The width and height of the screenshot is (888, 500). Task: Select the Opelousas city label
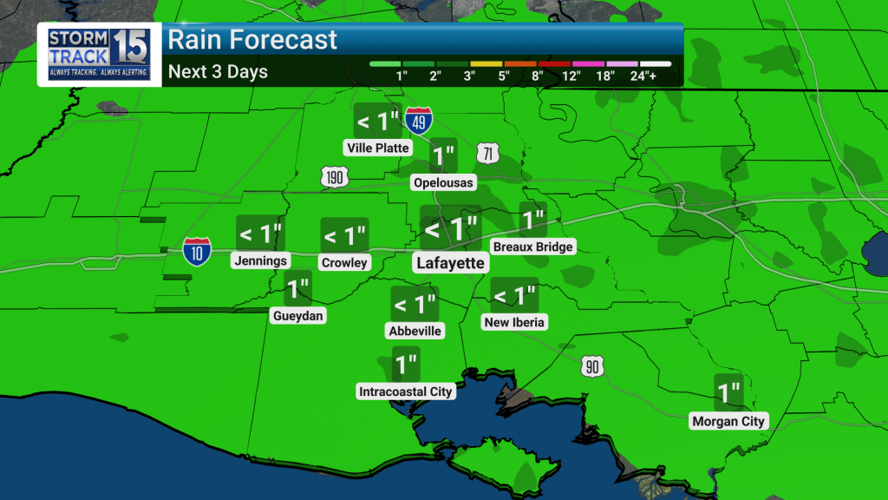(x=444, y=182)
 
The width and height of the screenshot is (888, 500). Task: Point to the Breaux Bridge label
(x=532, y=247)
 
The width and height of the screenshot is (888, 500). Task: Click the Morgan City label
(x=728, y=422)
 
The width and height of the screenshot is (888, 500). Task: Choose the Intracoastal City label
(x=406, y=391)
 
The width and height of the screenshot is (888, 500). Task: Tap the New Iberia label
(x=515, y=322)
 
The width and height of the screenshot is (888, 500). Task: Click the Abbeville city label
(x=415, y=331)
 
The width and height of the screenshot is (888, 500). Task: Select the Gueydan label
(x=297, y=316)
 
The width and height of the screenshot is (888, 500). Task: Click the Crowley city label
(x=344, y=262)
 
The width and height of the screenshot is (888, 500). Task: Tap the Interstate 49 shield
(x=419, y=122)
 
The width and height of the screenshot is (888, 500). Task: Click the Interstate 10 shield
(x=196, y=253)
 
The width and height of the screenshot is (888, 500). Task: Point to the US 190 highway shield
(x=335, y=178)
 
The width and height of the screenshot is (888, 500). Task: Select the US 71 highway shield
(x=488, y=155)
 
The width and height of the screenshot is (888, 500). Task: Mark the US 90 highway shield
(x=592, y=366)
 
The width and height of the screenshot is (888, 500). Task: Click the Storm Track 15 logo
(x=99, y=54)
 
